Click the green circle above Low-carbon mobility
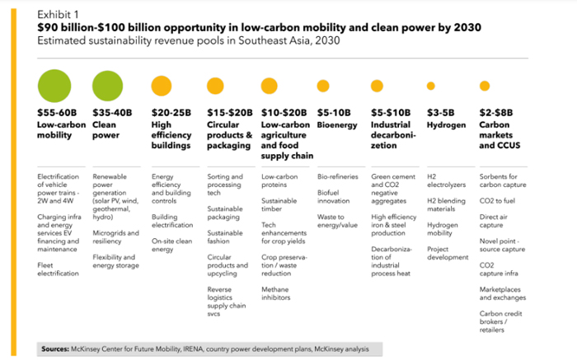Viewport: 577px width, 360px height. coord(54,86)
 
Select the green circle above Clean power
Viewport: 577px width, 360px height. coord(107,86)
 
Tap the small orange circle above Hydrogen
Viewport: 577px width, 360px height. coord(431,86)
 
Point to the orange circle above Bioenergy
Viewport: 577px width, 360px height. coord(323,86)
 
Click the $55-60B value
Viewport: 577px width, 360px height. coord(57,113)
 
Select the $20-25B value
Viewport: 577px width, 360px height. coord(171,113)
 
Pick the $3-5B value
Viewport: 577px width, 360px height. coord(440,113)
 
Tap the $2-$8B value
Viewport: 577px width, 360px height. coord(496,113)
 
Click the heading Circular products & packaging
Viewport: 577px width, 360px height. coord(230,135)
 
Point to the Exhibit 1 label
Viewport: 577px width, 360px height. coord(58,14)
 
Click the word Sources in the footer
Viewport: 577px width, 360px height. coord(55,349)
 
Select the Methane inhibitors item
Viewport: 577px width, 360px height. coord(275,293)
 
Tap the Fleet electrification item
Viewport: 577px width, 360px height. coord(59,269)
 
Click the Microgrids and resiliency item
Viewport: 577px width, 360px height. coord(116,236)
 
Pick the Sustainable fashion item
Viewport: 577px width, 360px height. coord(225,236)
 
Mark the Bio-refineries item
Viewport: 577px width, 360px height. coord(338,176)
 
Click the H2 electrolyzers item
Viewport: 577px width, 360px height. coord(447,180)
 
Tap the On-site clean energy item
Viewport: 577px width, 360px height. coord(171,245)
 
